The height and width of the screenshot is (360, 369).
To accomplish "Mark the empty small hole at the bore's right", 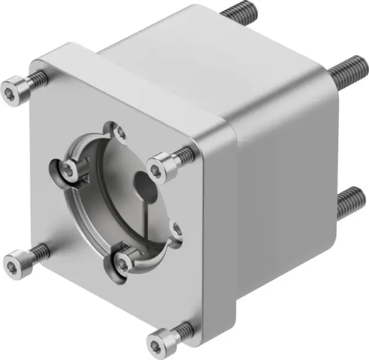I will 178,230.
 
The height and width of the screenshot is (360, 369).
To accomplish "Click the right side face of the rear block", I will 289,178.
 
